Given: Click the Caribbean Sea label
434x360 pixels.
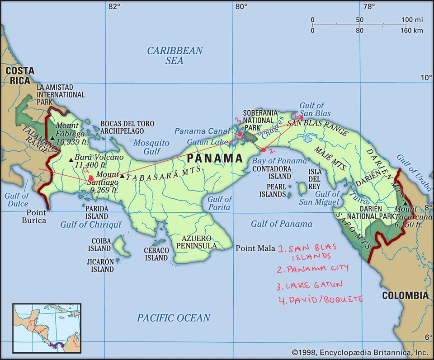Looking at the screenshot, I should click(175, 55).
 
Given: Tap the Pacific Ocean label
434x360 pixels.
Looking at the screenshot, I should click(174, 318).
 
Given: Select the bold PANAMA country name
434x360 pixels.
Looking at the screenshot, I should click(215, 158).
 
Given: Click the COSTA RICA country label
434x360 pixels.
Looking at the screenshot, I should click(19, 75).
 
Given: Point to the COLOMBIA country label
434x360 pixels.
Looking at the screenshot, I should click(405, 295).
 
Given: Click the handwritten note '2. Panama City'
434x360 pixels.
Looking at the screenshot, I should click(313, 269).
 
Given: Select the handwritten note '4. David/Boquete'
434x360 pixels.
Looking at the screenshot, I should click(321, 299).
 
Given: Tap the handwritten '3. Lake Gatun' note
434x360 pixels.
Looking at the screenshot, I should click(310, 285).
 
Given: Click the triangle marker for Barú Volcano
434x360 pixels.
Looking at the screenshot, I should click(71, 159).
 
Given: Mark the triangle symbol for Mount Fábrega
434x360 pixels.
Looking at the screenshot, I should click(53, 138).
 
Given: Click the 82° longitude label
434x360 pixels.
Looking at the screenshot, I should click(114, 6).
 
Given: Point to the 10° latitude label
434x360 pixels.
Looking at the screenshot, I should click(426, 78).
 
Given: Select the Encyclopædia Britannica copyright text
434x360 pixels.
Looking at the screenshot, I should click(359, 352).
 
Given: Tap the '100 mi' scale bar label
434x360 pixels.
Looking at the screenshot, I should click(412, 20).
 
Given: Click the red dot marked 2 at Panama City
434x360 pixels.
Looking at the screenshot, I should click(264, 150).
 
